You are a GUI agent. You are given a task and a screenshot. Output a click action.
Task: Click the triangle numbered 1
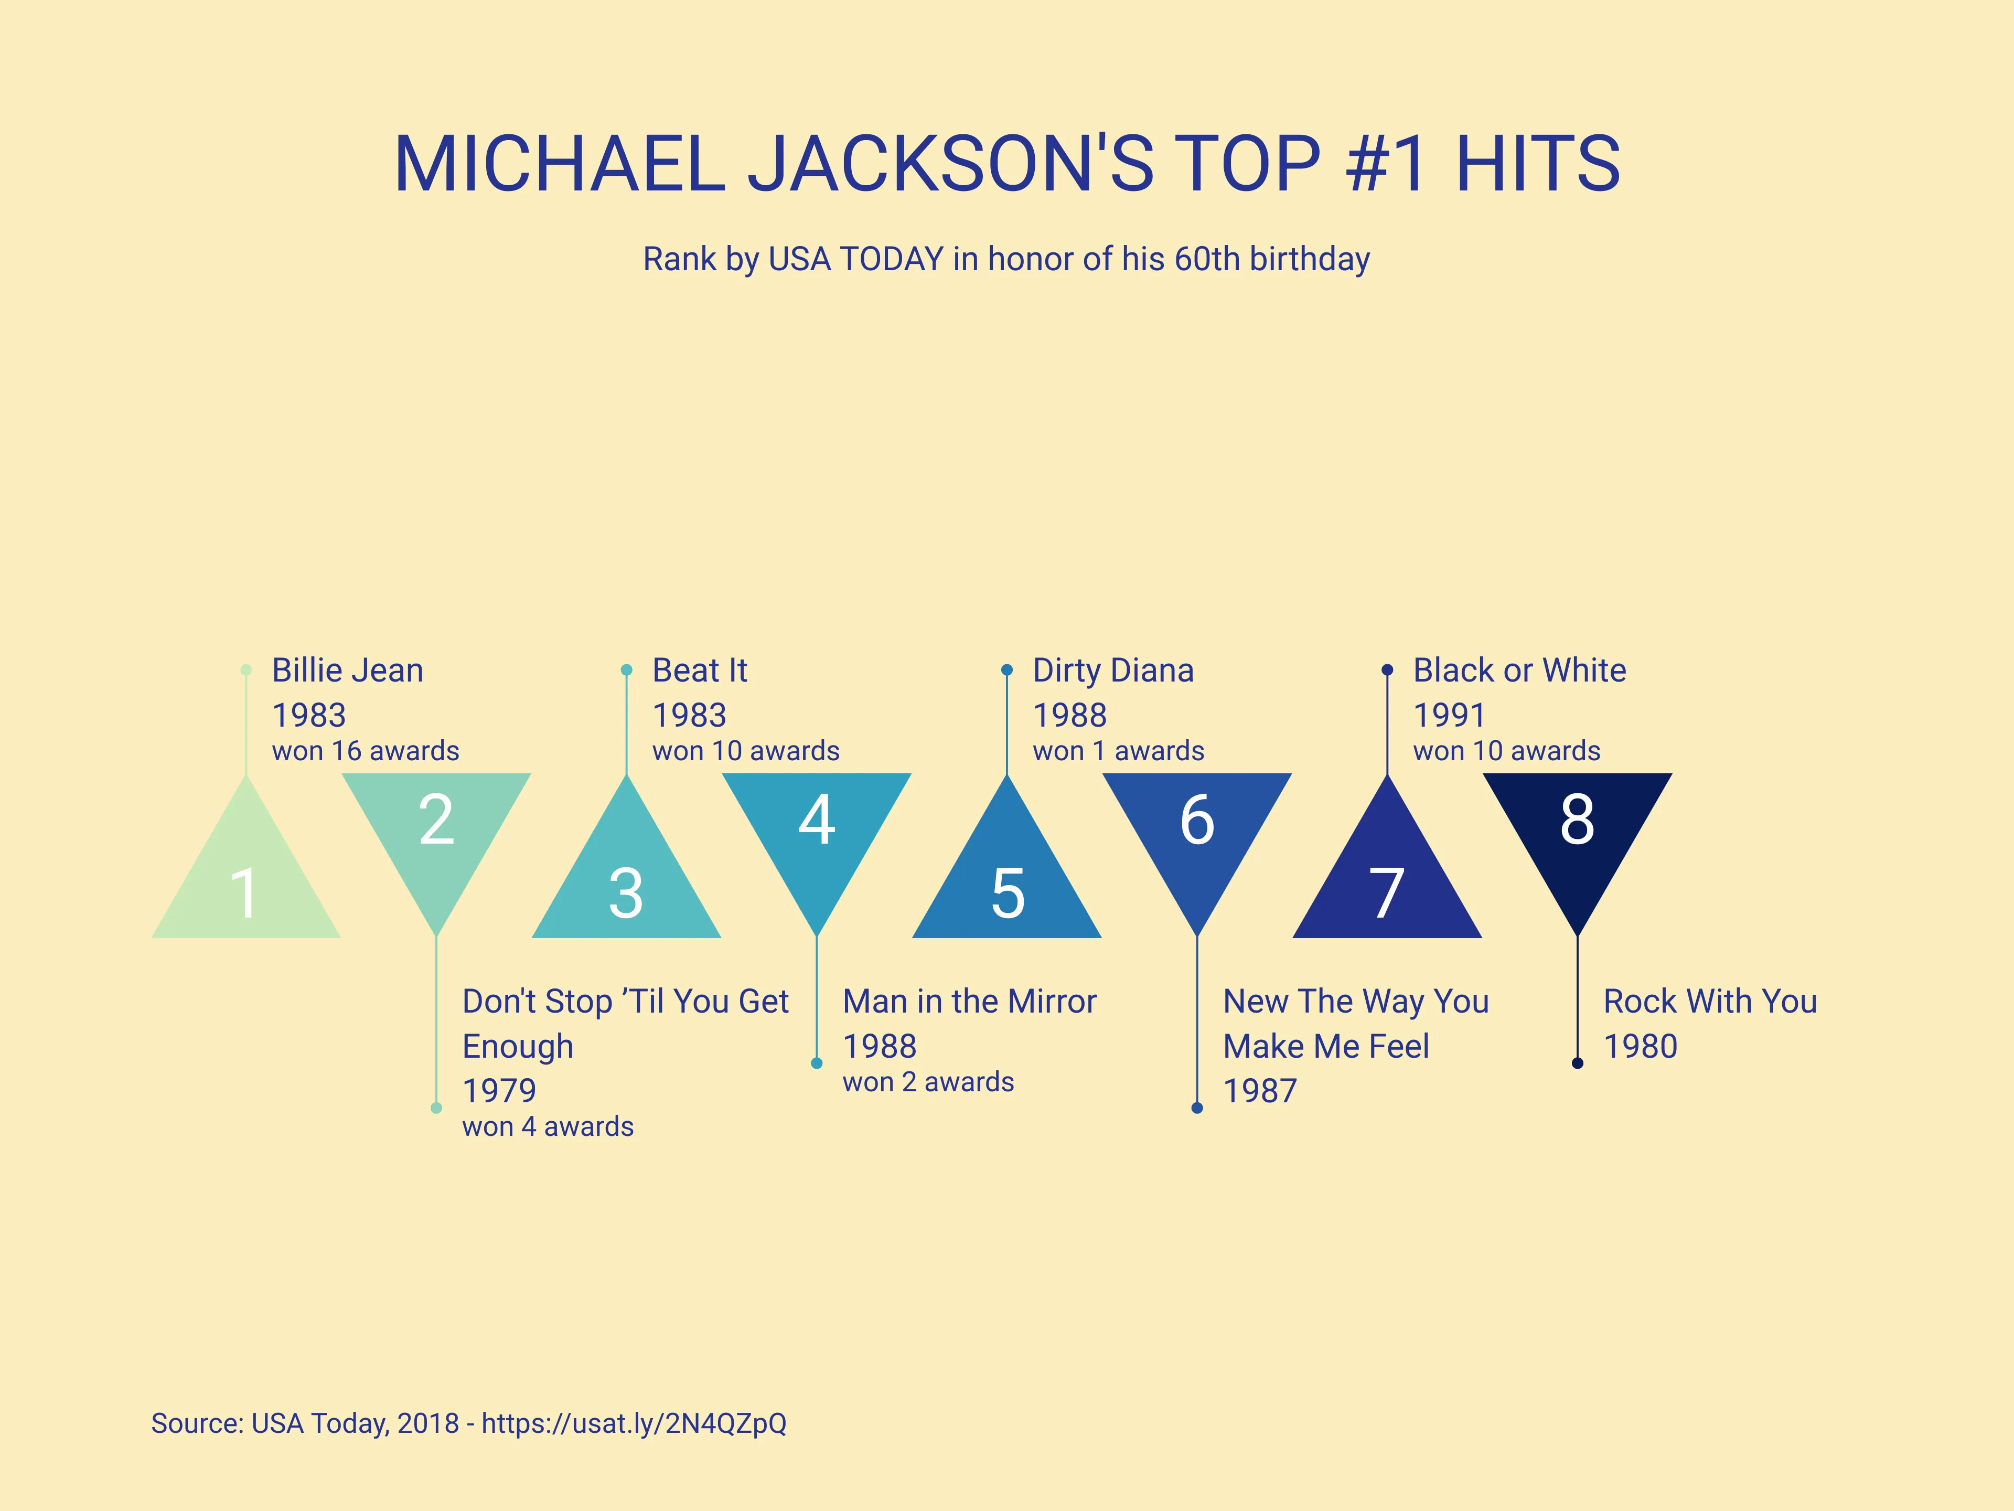click(x=246, y=884)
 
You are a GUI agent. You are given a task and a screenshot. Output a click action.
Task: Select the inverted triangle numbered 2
click(x=436, y=829)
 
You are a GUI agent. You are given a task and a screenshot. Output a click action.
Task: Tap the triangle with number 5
click(x=1007, y=884)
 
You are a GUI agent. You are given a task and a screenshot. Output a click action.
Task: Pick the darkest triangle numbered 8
click(x=1577, y=829)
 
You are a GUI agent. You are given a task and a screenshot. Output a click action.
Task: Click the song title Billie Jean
click(x=347, y=671)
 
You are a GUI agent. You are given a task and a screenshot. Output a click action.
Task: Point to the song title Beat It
click(x=699, y=671)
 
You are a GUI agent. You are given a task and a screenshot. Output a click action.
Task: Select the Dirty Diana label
click(x=1112, y=671)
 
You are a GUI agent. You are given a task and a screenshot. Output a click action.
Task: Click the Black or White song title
click(x=1519, y=671)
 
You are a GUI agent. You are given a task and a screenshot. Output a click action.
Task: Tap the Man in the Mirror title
click(x=969, y=1001)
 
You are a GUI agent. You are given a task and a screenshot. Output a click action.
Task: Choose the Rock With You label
click(x=1710, y=1001)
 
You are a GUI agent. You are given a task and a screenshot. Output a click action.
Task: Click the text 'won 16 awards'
click(x=365, y=751)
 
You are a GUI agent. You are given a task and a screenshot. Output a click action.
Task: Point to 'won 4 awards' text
click(x=547, y=1126)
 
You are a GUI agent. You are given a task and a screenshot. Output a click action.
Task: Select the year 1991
click(x=1449, y=715)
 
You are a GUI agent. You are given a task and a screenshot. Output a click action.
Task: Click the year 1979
click(x=499, y=1090)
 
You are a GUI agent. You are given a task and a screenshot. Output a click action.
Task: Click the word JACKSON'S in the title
click(x=950, y=164)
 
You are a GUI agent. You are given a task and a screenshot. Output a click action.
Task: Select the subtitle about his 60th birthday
click(x=1006, y=259)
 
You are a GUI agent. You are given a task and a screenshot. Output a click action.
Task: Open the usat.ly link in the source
click(x=634, y=1423)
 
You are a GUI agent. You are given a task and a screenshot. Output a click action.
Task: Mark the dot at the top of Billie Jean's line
click(x=246, y=671)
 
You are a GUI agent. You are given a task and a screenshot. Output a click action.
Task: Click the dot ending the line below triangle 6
click(x=1197, y=1108)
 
